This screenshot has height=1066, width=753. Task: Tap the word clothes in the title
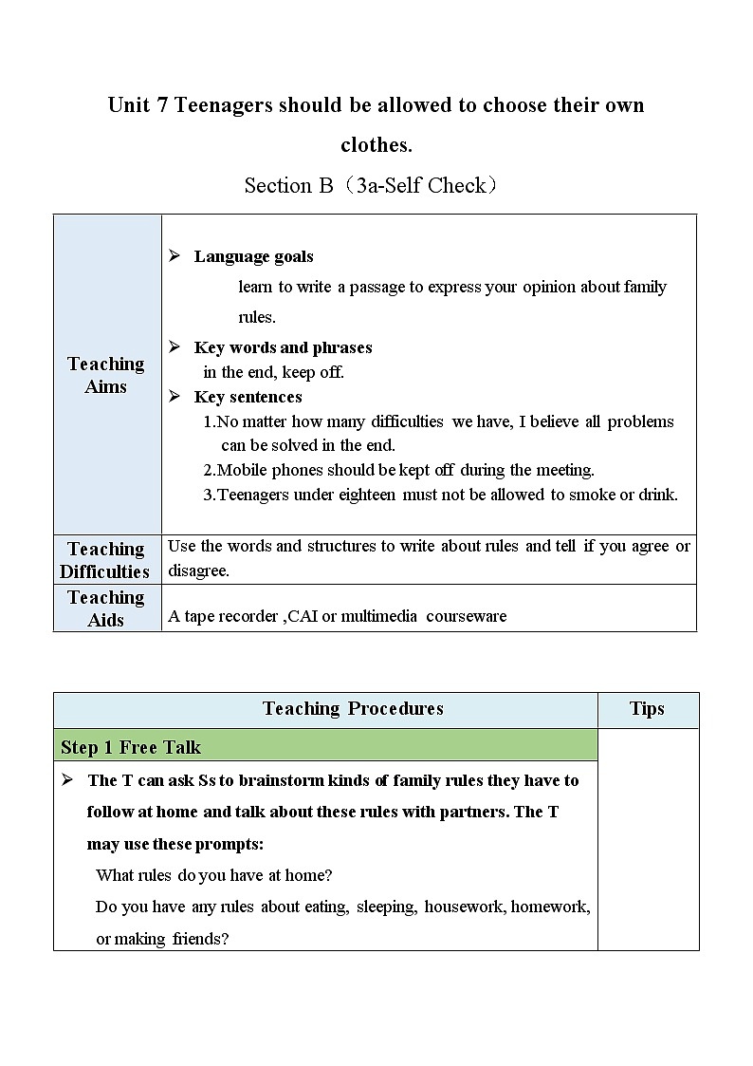pos(376,145)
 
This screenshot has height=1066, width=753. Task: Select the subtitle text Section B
pos(289,185)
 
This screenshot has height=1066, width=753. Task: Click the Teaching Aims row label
pos(106,375)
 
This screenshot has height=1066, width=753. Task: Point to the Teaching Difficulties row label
pos(105,560)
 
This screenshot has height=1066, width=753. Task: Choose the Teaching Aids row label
pos(105,608)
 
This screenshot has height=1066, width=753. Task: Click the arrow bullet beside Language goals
pos(174,256)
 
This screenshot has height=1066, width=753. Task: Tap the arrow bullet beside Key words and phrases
pos(174,347)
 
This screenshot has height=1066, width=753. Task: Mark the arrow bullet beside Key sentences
pos(174,397)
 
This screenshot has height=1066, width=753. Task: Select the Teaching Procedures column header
pos(353,709)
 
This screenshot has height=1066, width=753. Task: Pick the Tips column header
pos(647,709)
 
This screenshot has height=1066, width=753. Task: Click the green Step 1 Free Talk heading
pos(131,747)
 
